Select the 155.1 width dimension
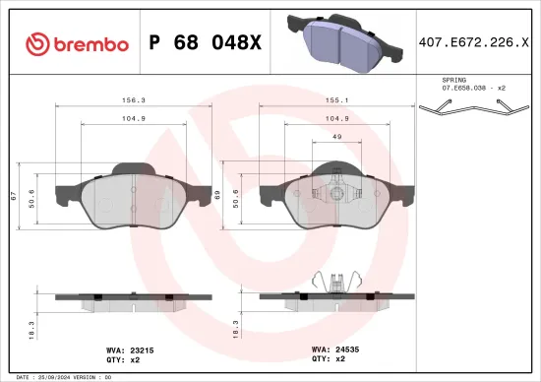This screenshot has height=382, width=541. click(x=333, y=98)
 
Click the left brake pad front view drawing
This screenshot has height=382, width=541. click(x=131, y=197)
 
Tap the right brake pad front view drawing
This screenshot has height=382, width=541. click(x=333, y=197)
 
